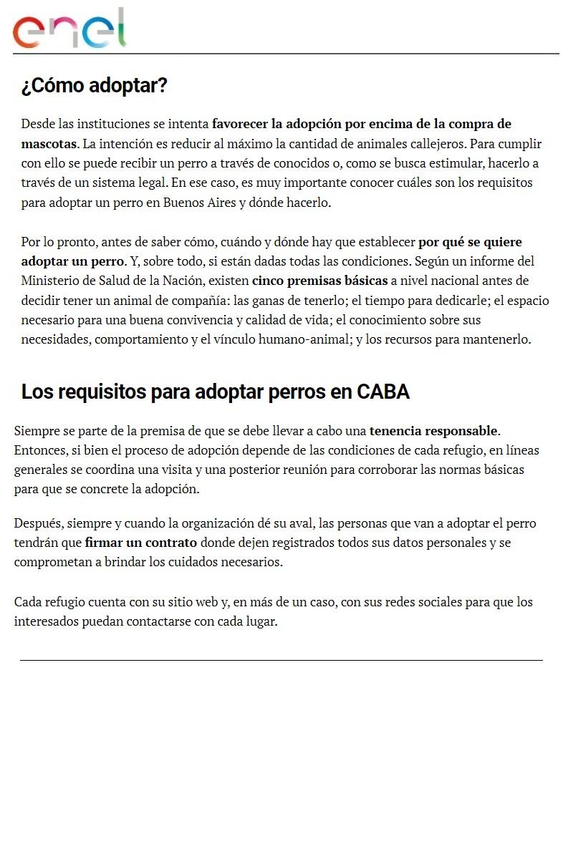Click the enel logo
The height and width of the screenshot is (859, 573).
(x=69, y=29)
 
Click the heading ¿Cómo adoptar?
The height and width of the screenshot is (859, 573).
(x=94, y=86)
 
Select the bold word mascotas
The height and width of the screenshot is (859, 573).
(x=49, y=143)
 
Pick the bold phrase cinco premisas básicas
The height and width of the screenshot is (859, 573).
(x=319, y=281)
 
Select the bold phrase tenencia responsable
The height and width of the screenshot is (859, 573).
(x=433, y=431)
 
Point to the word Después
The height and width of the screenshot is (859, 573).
(x=37, y=523)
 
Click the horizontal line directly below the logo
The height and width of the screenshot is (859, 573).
(x=286, y=54)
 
